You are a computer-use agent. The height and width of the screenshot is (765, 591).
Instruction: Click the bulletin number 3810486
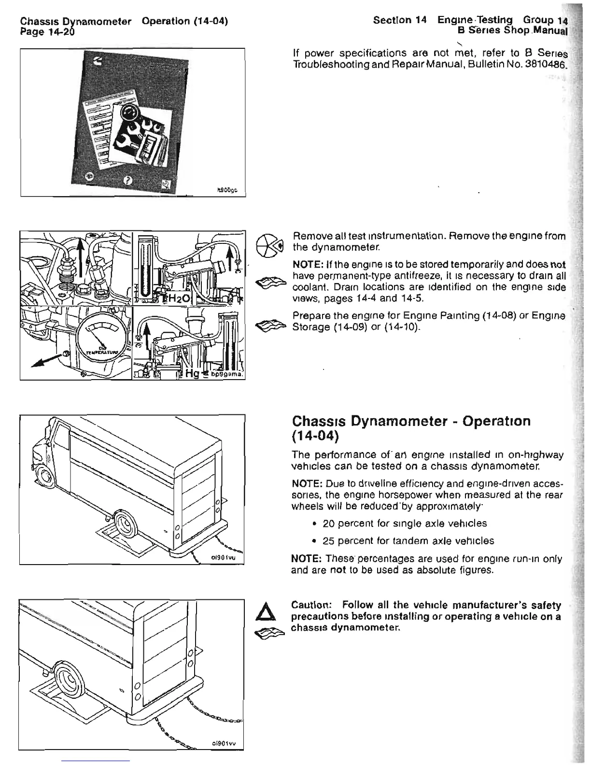click(544, 64)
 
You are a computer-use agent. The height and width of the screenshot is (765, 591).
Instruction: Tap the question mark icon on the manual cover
click(127, 180)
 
